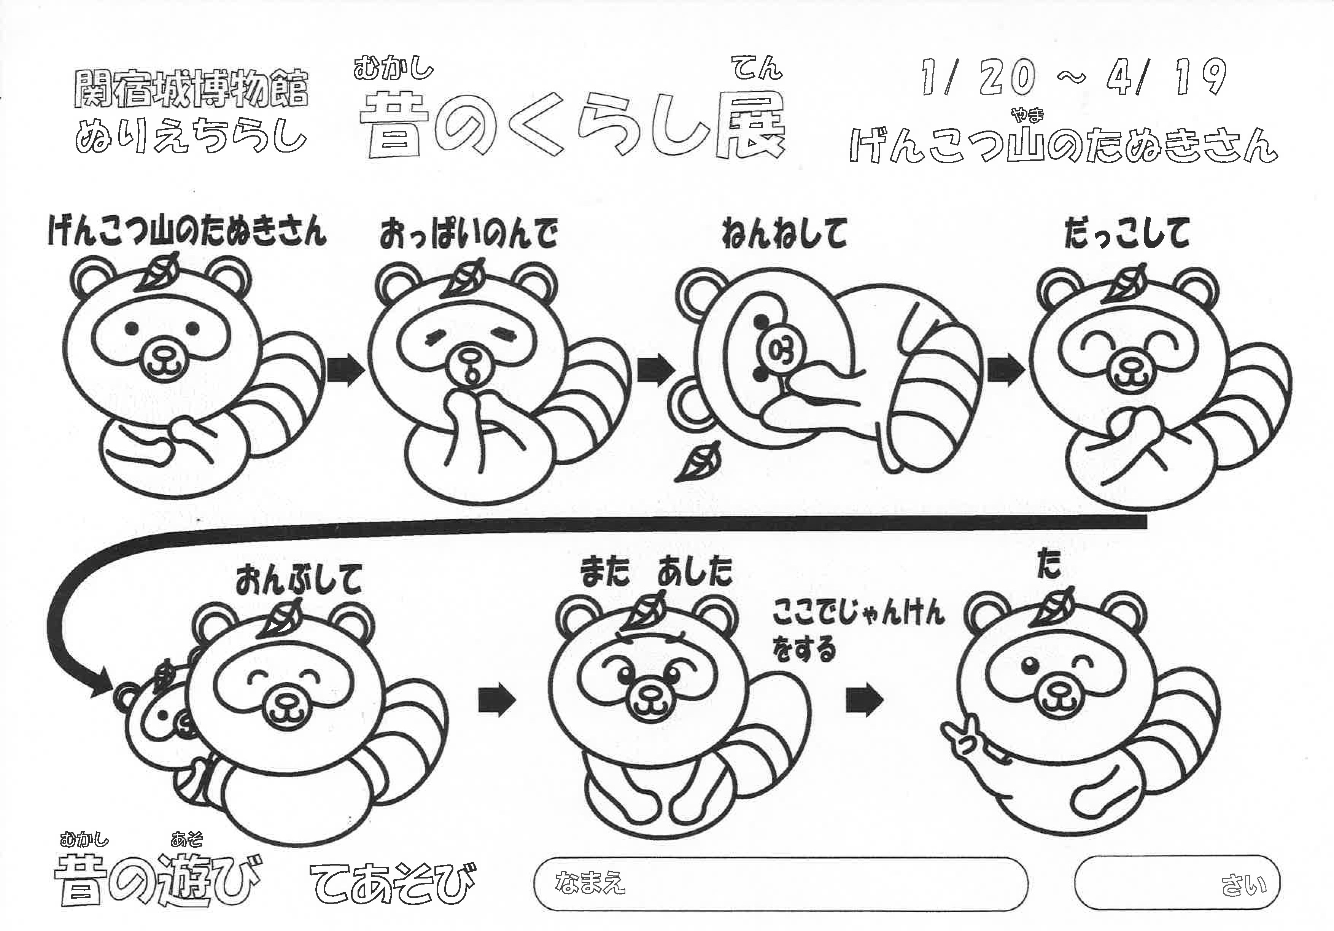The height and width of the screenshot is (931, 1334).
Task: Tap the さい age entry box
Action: click(x=1178, y=883)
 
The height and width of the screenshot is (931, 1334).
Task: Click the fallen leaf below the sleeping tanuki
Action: click(x=696, y=462)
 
